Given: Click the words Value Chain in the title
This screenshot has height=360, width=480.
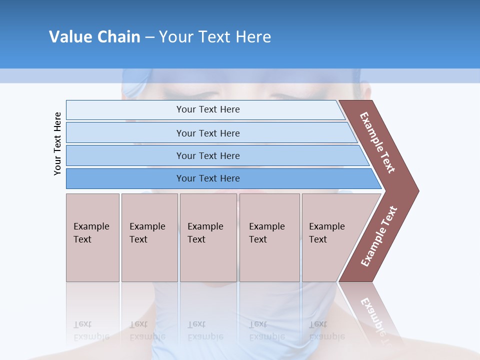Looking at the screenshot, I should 94,36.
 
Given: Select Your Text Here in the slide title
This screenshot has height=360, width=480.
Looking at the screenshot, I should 215,36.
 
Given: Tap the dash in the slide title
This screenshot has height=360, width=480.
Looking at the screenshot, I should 149,37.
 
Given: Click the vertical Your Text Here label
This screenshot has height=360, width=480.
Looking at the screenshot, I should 58,143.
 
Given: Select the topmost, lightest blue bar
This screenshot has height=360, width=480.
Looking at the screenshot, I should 207,109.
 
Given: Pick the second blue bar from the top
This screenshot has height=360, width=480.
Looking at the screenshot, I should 207,133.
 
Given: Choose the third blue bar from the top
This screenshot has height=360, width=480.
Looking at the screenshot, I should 207,155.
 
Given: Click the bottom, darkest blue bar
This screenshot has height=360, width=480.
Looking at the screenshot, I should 207,178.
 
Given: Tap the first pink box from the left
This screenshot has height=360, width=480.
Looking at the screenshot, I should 92,237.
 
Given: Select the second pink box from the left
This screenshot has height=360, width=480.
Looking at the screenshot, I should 149,237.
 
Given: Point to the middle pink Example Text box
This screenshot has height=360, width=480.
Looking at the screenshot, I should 208,237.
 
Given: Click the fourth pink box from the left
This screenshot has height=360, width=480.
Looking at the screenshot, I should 269,237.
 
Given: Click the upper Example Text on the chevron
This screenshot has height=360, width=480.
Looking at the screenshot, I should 377,142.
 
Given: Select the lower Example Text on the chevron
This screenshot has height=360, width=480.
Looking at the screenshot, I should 379,236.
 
